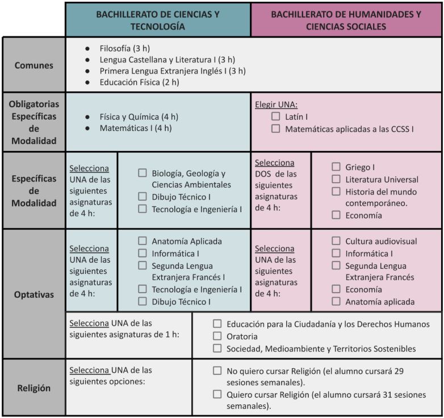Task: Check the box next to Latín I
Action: (276, 116)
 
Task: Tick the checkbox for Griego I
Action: (336, 167)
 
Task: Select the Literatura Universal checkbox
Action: (336, 179)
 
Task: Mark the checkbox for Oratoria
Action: (217, 336)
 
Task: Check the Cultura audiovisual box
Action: (336, 241)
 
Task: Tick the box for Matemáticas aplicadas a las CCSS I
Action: (276, 129)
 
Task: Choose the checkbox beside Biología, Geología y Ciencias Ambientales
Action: (143, 173)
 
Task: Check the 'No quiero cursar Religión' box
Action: (217, 370)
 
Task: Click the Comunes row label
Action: (34, 65)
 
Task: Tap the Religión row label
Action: (34, 389)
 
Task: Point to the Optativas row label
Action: (34, 295)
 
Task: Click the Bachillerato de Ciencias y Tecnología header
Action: (158, 20)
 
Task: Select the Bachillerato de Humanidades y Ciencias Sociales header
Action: (346, 20)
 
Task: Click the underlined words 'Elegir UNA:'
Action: (276, 104)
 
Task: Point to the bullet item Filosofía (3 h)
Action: (124, 48)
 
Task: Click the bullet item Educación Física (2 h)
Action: (139, 82)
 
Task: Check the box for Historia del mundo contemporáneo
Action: (336, 191)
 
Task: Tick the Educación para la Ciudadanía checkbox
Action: (217, 324)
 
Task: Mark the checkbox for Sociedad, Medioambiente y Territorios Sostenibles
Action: (217, 348)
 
